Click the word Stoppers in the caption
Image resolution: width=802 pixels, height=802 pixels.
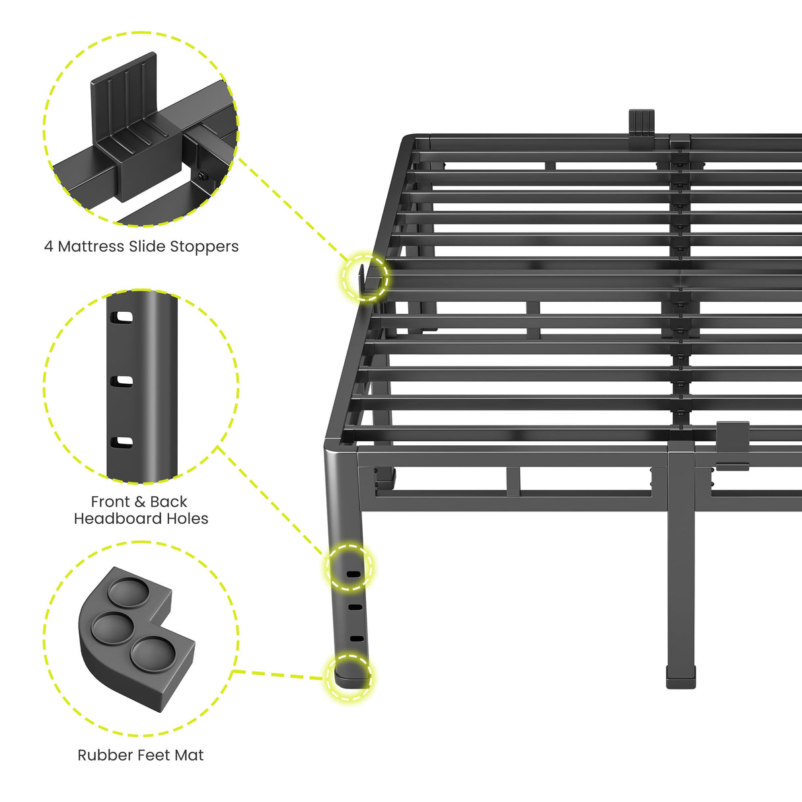coord(204,246)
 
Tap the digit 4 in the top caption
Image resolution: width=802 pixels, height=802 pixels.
coord(48,246)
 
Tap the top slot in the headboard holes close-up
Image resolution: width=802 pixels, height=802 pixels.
coord(122,317)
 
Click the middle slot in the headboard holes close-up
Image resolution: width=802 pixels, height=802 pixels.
coord(122,381)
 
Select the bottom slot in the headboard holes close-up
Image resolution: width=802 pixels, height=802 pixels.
coord(122,442)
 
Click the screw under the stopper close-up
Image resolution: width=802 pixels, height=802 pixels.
coord(201,175)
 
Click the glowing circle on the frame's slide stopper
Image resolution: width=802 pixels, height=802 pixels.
coord(365,277)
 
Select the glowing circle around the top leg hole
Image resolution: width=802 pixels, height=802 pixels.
coord(349,567)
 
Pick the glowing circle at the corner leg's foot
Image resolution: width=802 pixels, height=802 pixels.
coord(349,676)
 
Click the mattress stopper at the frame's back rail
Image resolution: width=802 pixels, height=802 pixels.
coord(641,126)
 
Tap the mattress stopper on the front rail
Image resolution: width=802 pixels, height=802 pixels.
coord(732,445)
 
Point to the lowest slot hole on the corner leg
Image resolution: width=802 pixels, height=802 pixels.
coord(356,638)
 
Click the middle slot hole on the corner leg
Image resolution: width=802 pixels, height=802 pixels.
coord(355,606)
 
